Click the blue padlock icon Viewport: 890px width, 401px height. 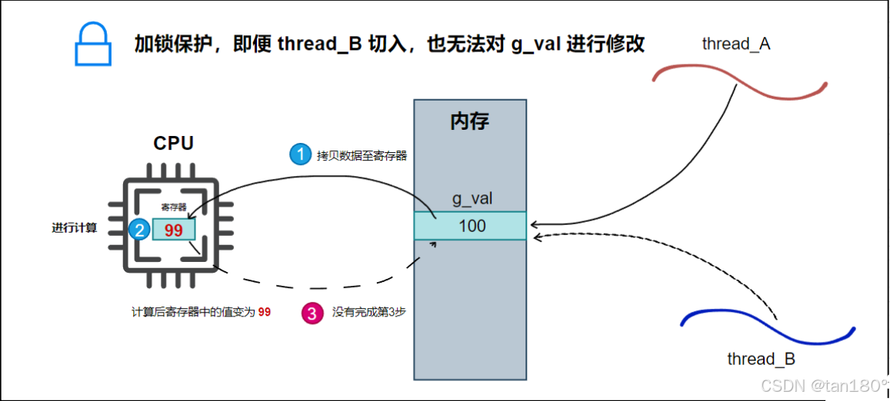(93, 45)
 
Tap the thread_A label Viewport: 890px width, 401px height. (735, 44)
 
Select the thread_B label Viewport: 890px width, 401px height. (761, 359)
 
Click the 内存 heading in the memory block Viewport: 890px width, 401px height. (469, 121)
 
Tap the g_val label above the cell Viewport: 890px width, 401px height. (472, 199)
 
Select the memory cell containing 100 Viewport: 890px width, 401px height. (470, 226)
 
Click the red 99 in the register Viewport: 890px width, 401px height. (173, 230)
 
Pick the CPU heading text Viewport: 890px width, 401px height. (173, 144)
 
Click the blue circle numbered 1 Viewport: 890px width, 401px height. (299, 154)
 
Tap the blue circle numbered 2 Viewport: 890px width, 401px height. (139, 229)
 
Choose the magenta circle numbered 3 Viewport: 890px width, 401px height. (312, 313)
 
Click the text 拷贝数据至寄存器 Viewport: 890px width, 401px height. (362, 155)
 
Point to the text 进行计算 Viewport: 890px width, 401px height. (75, 227)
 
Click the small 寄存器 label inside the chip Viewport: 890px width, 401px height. (173, 207)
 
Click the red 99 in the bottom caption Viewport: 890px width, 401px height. (264, 313)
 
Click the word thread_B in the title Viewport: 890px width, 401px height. (318, 44)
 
